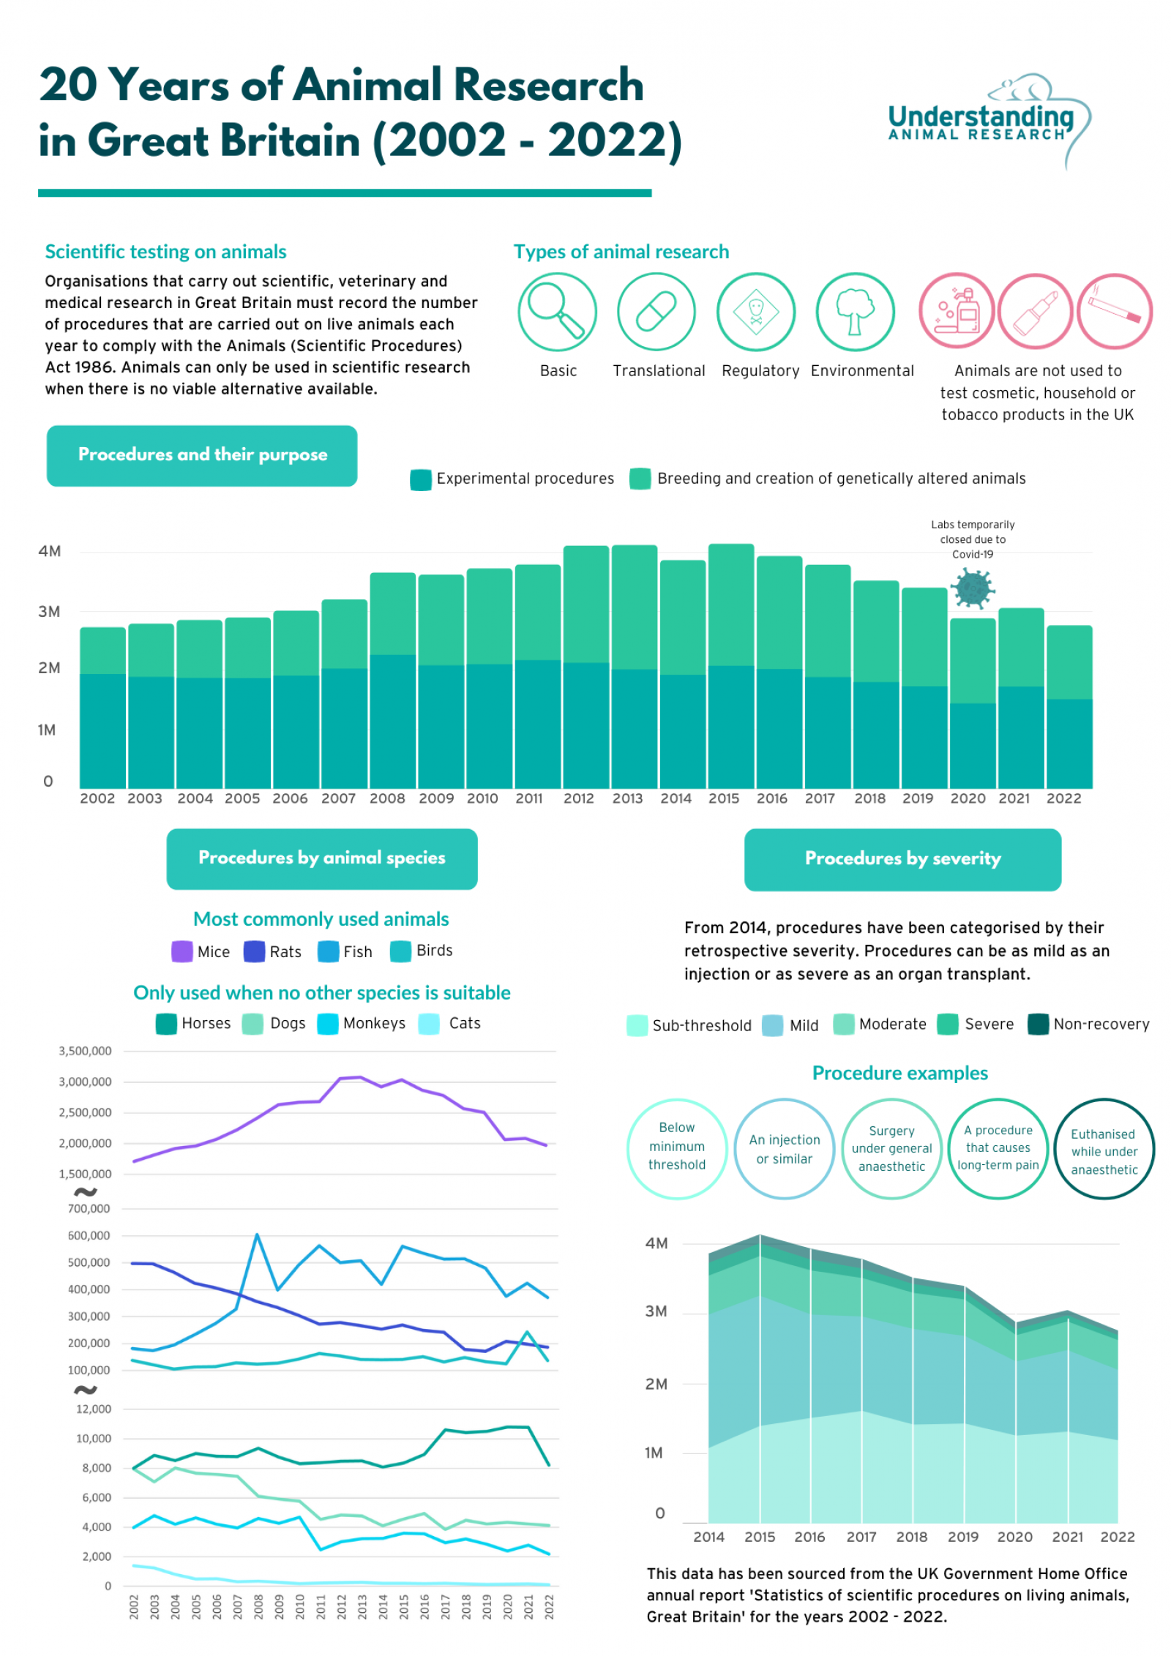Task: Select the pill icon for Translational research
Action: pyautogui.click(x=656, y=311)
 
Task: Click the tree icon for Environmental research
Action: pyautogui.click(x=854, y=311)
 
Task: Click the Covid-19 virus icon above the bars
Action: pyautogui.click(x=972, y=588)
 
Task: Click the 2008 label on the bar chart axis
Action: pyautogui.click(x=386, y=798)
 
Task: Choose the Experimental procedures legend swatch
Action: pyautogui.click(x=421, y=479)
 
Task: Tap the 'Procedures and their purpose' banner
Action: pyautogui.click(x=202, y=454)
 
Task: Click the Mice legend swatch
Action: pyautogui.click(x=182, y=951)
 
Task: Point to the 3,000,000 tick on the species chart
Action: pyautogui.click(x=85, y=1082)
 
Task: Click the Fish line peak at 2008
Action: pyautogui.click(x=257, y=1234)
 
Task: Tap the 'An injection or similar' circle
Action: pyautogui.click(x=784, y=1149)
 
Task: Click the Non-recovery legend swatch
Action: pyautogui.click(x=1037, y=1024)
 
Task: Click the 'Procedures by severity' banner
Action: pyautogui.click(x=902, y=859)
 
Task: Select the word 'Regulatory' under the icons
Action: pyautogui.click(x=760, y=371)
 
